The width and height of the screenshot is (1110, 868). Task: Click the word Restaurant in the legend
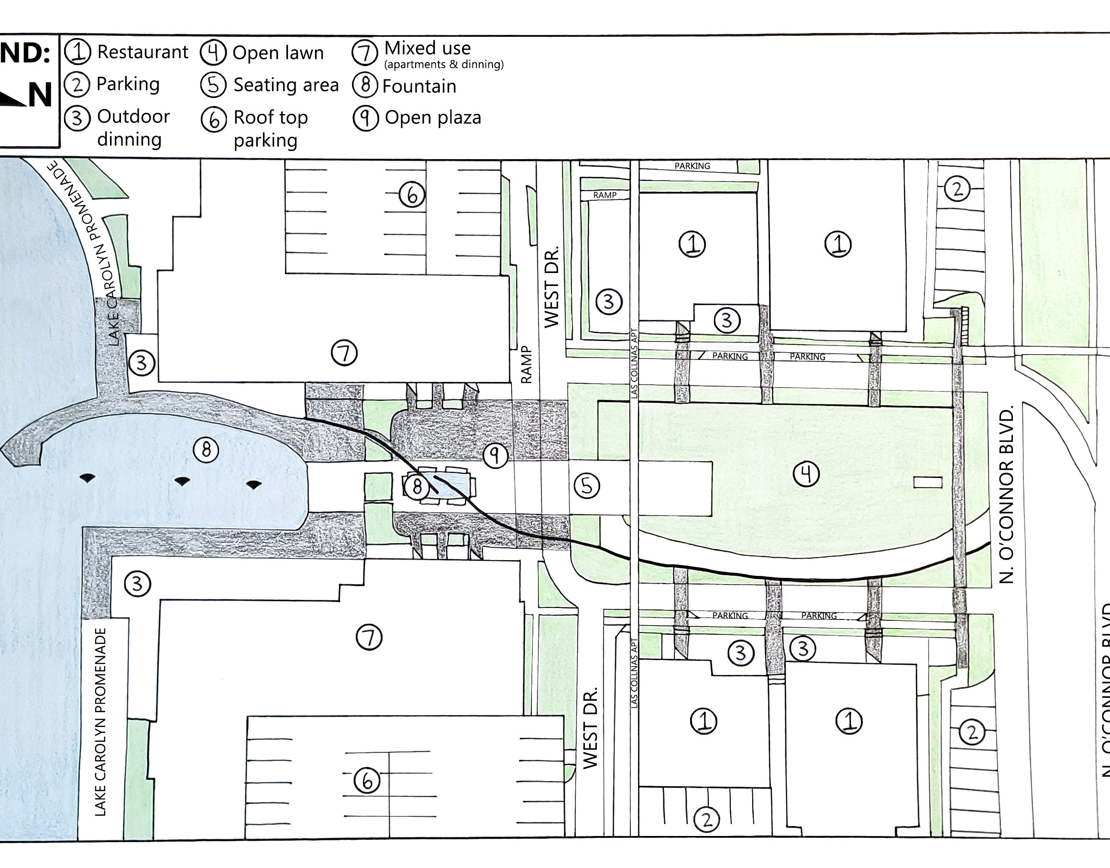click(143, 52)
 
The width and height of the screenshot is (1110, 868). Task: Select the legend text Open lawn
click(278, 53)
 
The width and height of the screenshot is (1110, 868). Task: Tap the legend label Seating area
click(286, 85)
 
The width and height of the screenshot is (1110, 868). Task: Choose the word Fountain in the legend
click(419, 87)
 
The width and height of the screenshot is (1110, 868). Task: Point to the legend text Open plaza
click(433, 118)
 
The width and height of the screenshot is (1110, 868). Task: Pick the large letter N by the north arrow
click(40, 95)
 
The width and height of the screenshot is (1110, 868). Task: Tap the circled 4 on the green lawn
click(806, 474)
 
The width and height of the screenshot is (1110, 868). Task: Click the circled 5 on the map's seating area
click(587, 486)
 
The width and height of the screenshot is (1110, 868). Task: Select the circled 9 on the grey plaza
click(495, 456)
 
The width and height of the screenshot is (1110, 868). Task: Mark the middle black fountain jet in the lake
click(182, 480)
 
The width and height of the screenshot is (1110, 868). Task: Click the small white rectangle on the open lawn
click(927, 482)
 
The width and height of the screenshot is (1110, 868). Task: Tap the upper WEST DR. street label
click(552, 287)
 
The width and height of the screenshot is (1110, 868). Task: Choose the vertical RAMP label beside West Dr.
click(526, 364)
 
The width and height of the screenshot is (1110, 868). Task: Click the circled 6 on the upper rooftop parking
click(411, 195)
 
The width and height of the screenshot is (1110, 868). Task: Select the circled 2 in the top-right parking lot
click(957, 190)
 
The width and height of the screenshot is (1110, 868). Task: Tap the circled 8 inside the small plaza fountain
click(417, 487)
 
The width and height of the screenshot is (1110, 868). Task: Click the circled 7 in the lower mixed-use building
click(369, 637)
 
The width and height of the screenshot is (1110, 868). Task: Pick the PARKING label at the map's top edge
click(692, 166)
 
